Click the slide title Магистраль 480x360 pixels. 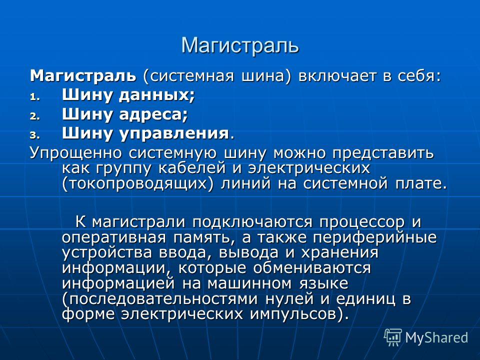[240, 46]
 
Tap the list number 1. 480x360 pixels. [34, 97]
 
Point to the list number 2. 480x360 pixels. [34, 116]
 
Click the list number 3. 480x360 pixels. [34, 135]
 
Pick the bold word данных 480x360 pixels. [156, 95]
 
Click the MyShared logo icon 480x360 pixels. [393, 337]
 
